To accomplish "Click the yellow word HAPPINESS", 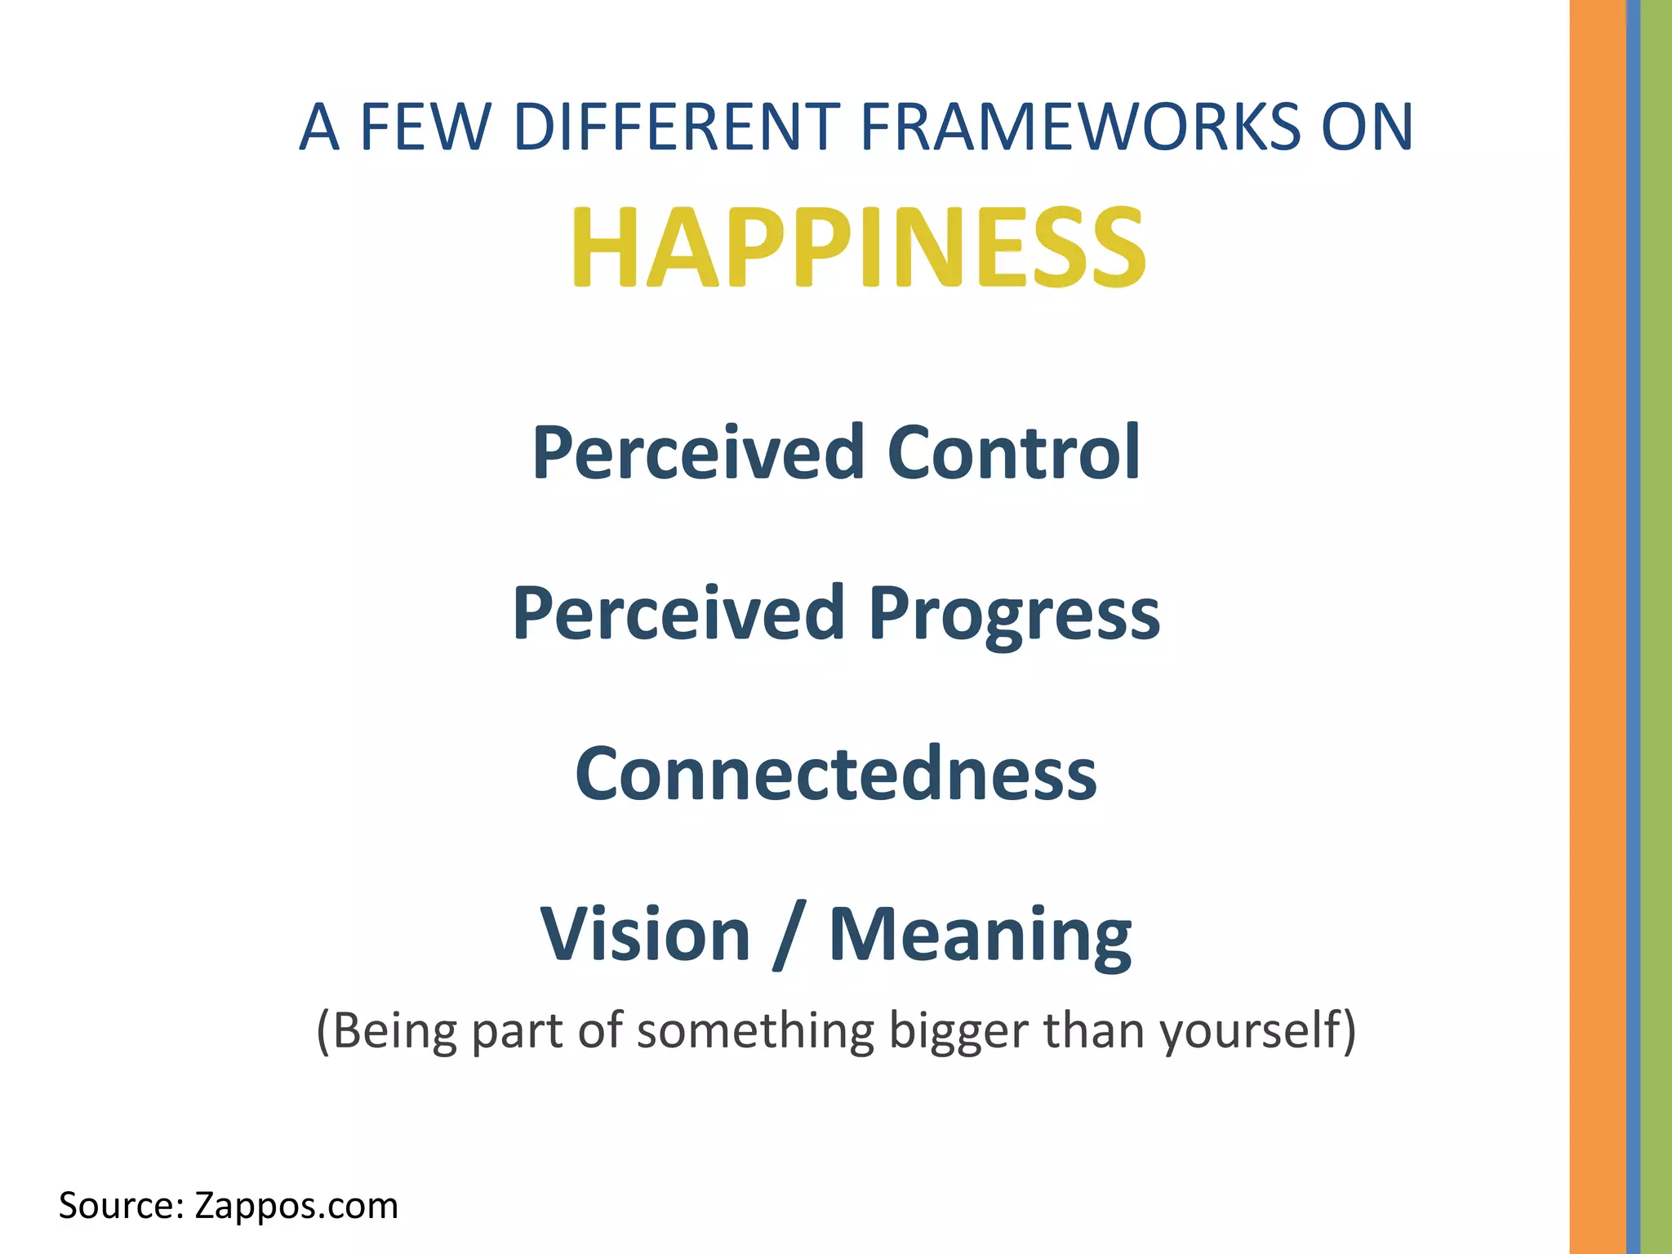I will tap(859, 247).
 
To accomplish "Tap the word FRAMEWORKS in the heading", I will tap(1080, 127).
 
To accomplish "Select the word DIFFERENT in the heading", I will tap(677, 127).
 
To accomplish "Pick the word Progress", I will tap(1014, 614).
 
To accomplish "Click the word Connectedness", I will tap(836, 774).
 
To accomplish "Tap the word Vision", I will tap(645, 934).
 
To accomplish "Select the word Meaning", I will tap(980, 934).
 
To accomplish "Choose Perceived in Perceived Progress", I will tap(678, 614).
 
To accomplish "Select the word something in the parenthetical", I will tap(756, 1031).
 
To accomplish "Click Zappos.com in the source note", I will tap(296, 1207).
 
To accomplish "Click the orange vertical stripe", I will tap(1597, 627).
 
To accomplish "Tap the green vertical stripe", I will tap(1656, 627).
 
